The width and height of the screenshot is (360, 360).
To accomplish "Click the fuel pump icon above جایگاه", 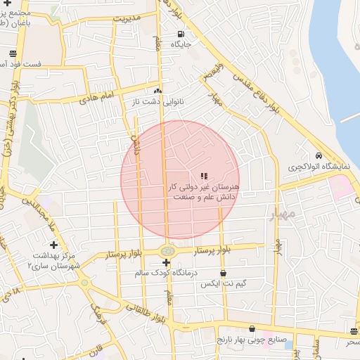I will (x=181, y=34).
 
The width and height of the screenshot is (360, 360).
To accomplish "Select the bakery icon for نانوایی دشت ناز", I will (x=158, y=91).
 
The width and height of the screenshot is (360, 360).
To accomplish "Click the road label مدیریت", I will (x=127, y=16).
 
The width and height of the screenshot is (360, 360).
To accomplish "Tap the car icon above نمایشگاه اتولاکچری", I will (x=319, y=156).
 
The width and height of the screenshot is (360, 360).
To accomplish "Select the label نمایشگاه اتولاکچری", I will (x=319, y=167).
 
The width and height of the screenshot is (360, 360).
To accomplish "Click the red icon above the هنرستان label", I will (x=204, y=176).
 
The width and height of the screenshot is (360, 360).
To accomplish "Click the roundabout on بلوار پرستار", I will (x=167, y=250).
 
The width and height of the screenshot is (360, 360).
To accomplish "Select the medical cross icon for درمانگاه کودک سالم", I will (x=166, y=262).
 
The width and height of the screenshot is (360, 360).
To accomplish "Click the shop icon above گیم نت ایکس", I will (x=224, y=274).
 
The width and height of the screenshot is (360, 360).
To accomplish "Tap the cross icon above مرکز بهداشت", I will (x=53, y=244).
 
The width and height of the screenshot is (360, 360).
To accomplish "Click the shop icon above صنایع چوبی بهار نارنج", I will (x=252, y=328).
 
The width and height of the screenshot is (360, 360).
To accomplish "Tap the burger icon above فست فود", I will (x=13, y=53).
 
